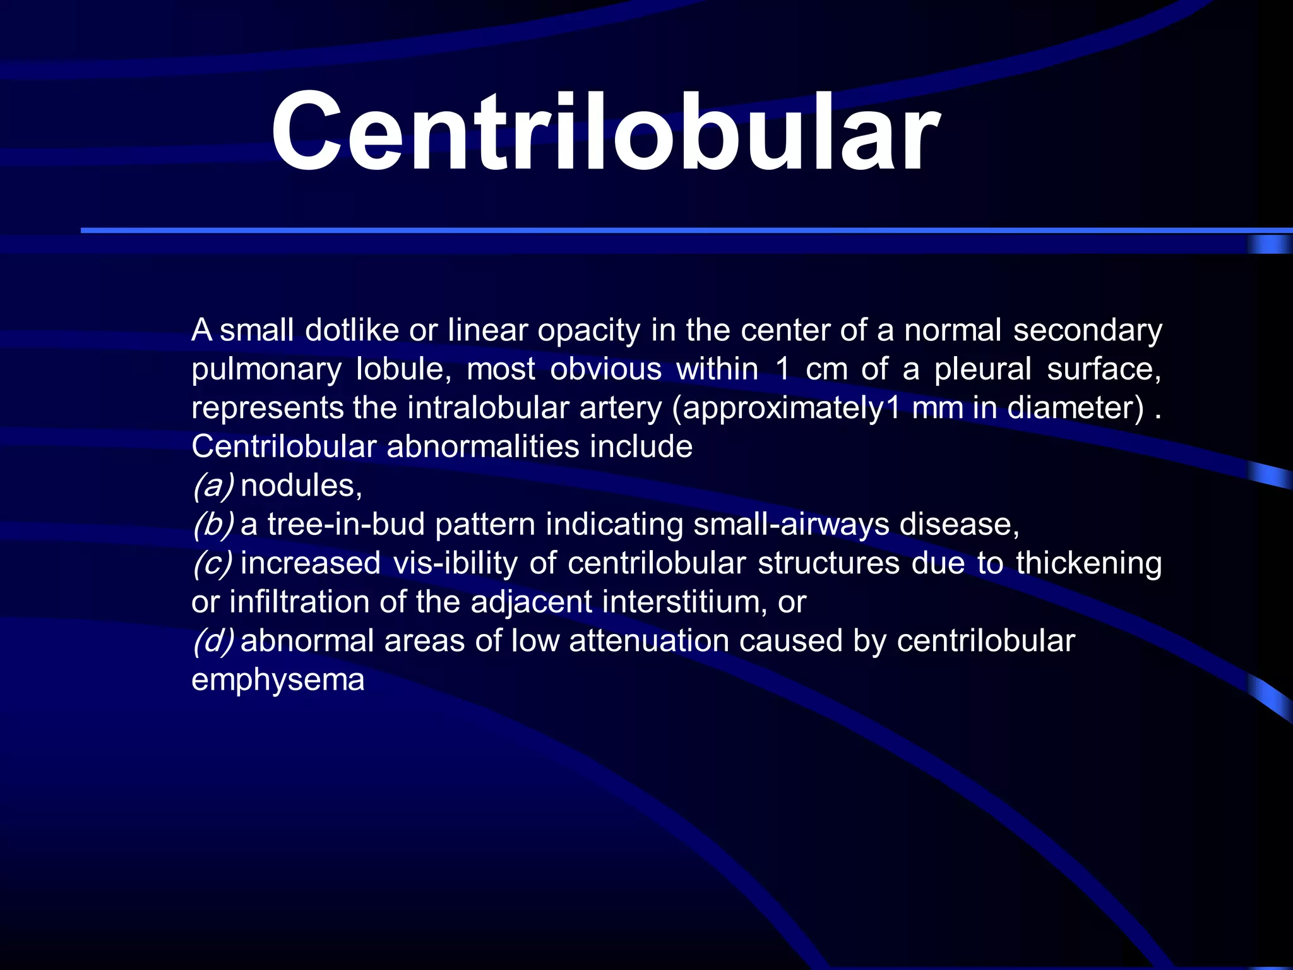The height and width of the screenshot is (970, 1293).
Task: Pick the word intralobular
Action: (488, 408)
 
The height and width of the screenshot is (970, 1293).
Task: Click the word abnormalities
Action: (482, 446)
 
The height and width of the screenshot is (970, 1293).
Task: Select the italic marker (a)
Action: (213, 486)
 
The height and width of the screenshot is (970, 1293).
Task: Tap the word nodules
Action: (301, 486)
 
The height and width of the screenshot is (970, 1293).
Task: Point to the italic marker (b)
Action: (213, 524)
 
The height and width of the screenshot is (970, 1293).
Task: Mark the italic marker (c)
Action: (213, 563)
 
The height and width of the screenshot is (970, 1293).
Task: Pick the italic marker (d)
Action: (213, 641)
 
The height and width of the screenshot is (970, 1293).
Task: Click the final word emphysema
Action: (278, 680)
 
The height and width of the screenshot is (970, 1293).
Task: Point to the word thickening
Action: (1088, 563)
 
